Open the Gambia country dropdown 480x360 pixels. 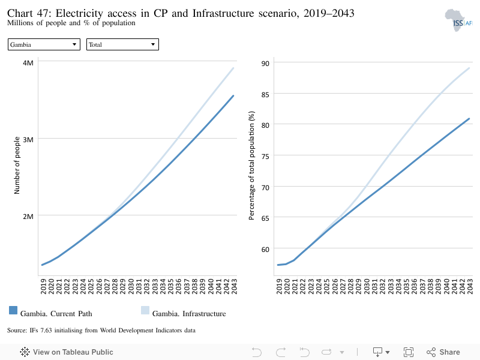(x=44, y=44)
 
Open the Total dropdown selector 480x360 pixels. (x=122, y=44)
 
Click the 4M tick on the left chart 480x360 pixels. (x=28, y=63)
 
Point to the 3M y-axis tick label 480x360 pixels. (x=28, y=140)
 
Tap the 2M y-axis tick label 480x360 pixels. (x=28, y=217)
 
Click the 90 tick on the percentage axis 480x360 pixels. (x=265, y=64)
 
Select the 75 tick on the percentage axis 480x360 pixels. (x=265, y=157)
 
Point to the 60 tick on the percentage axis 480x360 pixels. (x=265, y=250)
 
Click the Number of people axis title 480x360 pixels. (x=17, y=166)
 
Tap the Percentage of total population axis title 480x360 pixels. (x=251, y=166)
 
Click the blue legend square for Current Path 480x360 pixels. (x=13, y=310)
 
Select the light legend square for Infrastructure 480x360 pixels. (x=145, y=310)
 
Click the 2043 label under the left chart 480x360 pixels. (x=234, y=287)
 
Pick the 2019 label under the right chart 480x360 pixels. (x=279, y=287)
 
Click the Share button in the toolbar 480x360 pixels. (x=443, y=352)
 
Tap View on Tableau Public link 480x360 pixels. (x=67, y=352)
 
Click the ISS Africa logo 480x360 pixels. (x=458, y=20)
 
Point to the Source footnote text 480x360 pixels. (x=101, y=331)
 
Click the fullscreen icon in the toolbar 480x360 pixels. (x=409, y=352)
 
